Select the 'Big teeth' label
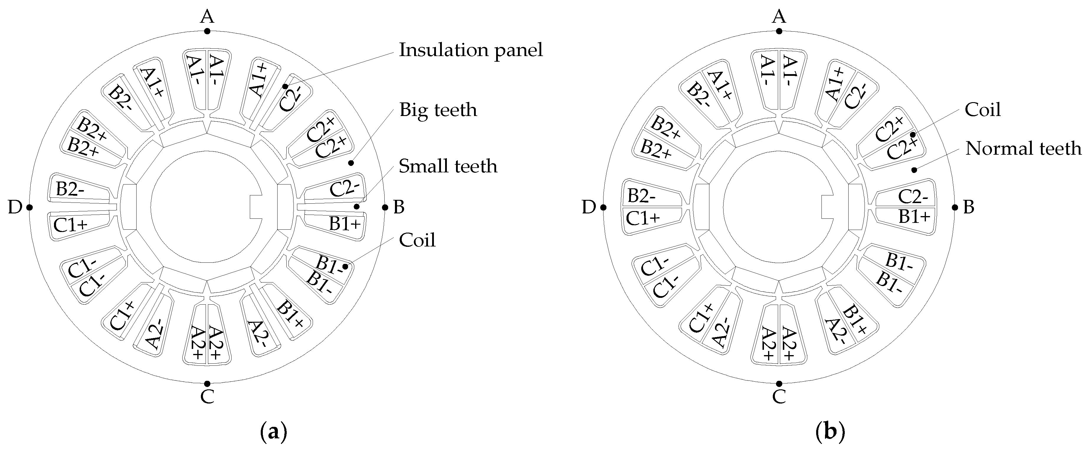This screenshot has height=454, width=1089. point(438,110)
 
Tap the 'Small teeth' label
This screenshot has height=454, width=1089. point(448,166)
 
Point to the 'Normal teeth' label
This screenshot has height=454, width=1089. point(1023,148)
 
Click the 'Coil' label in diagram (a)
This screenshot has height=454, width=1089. point(417,240)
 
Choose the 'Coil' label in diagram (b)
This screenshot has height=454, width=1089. point(983,110)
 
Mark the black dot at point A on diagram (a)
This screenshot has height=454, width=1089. point(207,31)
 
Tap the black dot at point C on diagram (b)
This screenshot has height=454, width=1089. point(779,384)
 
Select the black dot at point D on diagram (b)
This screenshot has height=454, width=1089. point(603,207)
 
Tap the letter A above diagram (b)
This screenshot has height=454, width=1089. point(779,17)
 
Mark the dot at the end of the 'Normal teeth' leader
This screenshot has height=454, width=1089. point(914,170)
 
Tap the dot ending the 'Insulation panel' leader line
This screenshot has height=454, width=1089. point(285,86)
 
